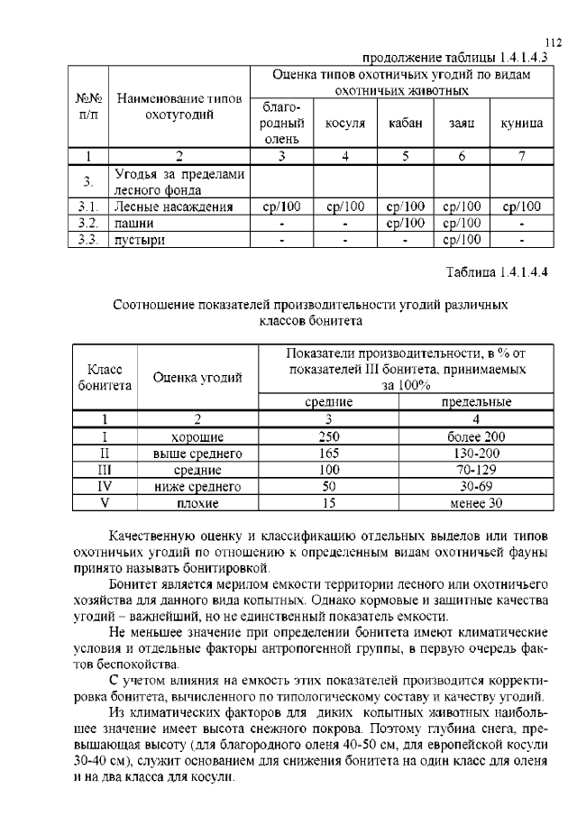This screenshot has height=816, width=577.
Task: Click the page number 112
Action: [554, 42]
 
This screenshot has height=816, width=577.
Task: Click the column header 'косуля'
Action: [344, 124]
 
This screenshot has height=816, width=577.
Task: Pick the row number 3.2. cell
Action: [87, 223]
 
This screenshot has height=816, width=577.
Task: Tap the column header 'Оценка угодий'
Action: [197, 378]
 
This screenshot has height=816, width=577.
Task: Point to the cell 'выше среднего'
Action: [197, 454]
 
